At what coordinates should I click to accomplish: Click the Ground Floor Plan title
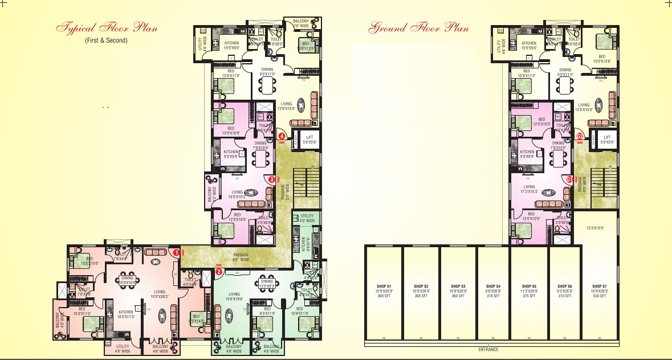click(x=419, y=27)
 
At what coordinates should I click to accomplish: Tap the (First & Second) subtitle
click(x=107, y=40)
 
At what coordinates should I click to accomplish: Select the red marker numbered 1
click(x=177, y=251)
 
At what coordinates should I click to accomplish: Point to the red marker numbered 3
click(x=272, y=179)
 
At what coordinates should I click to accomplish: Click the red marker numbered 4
click(x=282, y=136)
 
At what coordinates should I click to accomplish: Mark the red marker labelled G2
click(x=580, y=136)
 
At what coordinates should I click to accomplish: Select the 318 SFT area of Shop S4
click(x=493, y=296)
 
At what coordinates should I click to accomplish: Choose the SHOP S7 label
click(x=599, y=286)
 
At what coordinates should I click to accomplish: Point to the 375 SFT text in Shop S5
click(x=530, y=296)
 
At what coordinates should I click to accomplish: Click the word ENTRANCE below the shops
click(x=488, y=349)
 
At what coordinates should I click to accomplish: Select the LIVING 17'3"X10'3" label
click(x=530, y=189)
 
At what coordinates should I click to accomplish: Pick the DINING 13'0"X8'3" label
click(x=267, y=284)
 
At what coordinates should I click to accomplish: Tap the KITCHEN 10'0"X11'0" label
click(x=126, y=314)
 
